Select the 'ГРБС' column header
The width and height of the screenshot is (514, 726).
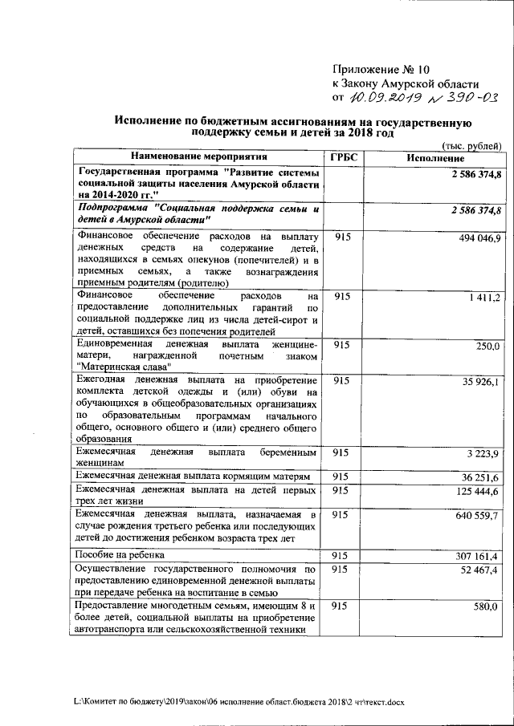(342, 157)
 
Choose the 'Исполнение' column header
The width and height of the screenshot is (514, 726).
(433, 157)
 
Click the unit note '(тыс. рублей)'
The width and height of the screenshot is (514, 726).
(473, 144)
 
